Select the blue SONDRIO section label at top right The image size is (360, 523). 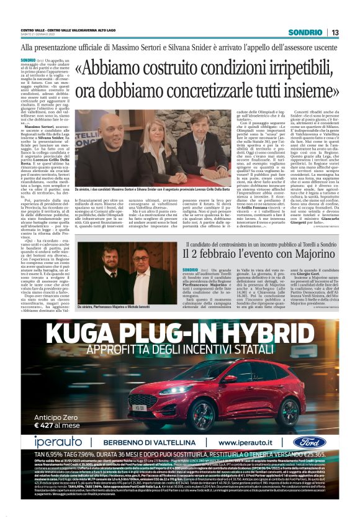308,32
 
